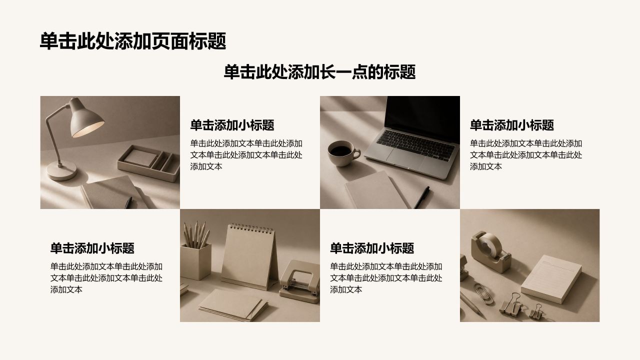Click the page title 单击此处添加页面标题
[133, 41]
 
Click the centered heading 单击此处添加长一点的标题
[319, 71]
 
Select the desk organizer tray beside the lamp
[148, 163]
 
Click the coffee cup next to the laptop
[343, 153]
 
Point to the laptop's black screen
[422, 118]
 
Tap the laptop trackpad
[405, 157]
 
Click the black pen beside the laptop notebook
[422, 197]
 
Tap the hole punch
[299, 282]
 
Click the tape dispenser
[491, 251]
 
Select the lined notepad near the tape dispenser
[551, 278]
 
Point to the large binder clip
[511, 303]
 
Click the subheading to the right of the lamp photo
[232, 125]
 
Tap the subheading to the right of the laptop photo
[512, 125]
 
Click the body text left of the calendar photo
[106, 278]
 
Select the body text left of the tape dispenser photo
[386, 278]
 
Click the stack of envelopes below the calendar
[233, 305]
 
